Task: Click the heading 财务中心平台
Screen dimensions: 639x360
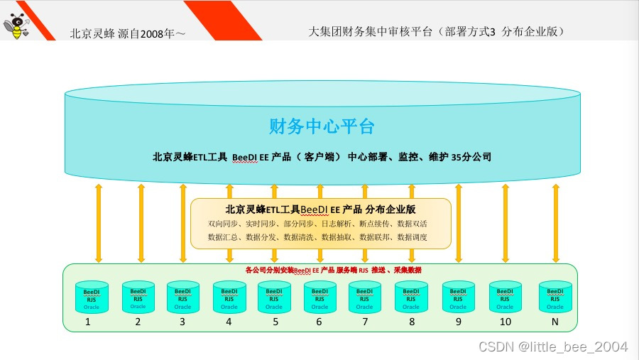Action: (321, 127)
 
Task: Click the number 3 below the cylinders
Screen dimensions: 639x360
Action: (182, 322)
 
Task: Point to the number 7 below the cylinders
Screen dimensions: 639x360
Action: (364, 322)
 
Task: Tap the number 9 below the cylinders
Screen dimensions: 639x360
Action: (458, 322)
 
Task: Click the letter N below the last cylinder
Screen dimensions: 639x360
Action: (555, 322)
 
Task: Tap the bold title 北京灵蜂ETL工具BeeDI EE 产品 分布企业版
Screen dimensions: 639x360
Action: (320, 209)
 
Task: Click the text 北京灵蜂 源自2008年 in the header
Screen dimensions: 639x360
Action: (128, 33)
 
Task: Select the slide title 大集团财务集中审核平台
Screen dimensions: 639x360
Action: (436, 31)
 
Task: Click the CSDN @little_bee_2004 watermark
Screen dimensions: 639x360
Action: (554, 347)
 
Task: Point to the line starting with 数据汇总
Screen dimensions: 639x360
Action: (317, 236)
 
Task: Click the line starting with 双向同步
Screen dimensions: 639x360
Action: (317, 224)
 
